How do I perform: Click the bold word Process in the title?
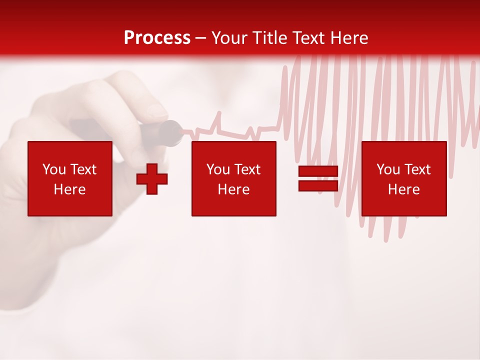[157, 38]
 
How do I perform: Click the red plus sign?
[152, 178]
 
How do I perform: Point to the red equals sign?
[318, 178]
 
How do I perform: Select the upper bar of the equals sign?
[318, 171]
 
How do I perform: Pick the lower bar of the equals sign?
[318, 185]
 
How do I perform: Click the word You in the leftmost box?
[54, 169]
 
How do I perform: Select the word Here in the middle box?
[233, 189]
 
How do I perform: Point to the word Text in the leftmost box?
[83, 169]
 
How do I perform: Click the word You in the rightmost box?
[388, 169]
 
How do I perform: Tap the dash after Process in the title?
[201, 38]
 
